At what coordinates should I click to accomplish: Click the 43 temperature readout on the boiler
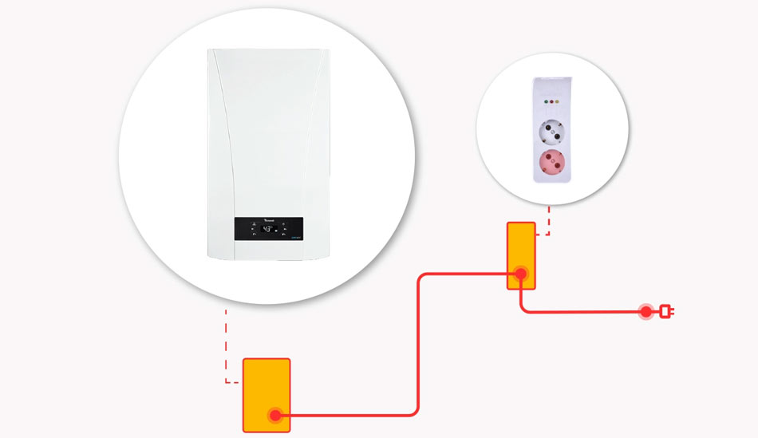point(268,229)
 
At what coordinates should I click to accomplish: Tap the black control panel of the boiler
point(269,228)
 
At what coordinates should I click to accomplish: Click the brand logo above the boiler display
point(269,220)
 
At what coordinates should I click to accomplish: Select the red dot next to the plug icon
point(646,311)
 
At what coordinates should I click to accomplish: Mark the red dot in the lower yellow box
point(276,415)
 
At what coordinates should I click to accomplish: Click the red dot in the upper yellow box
point(520,274)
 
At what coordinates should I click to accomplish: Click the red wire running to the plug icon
point(582,311)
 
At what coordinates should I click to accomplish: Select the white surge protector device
point(551,132)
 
